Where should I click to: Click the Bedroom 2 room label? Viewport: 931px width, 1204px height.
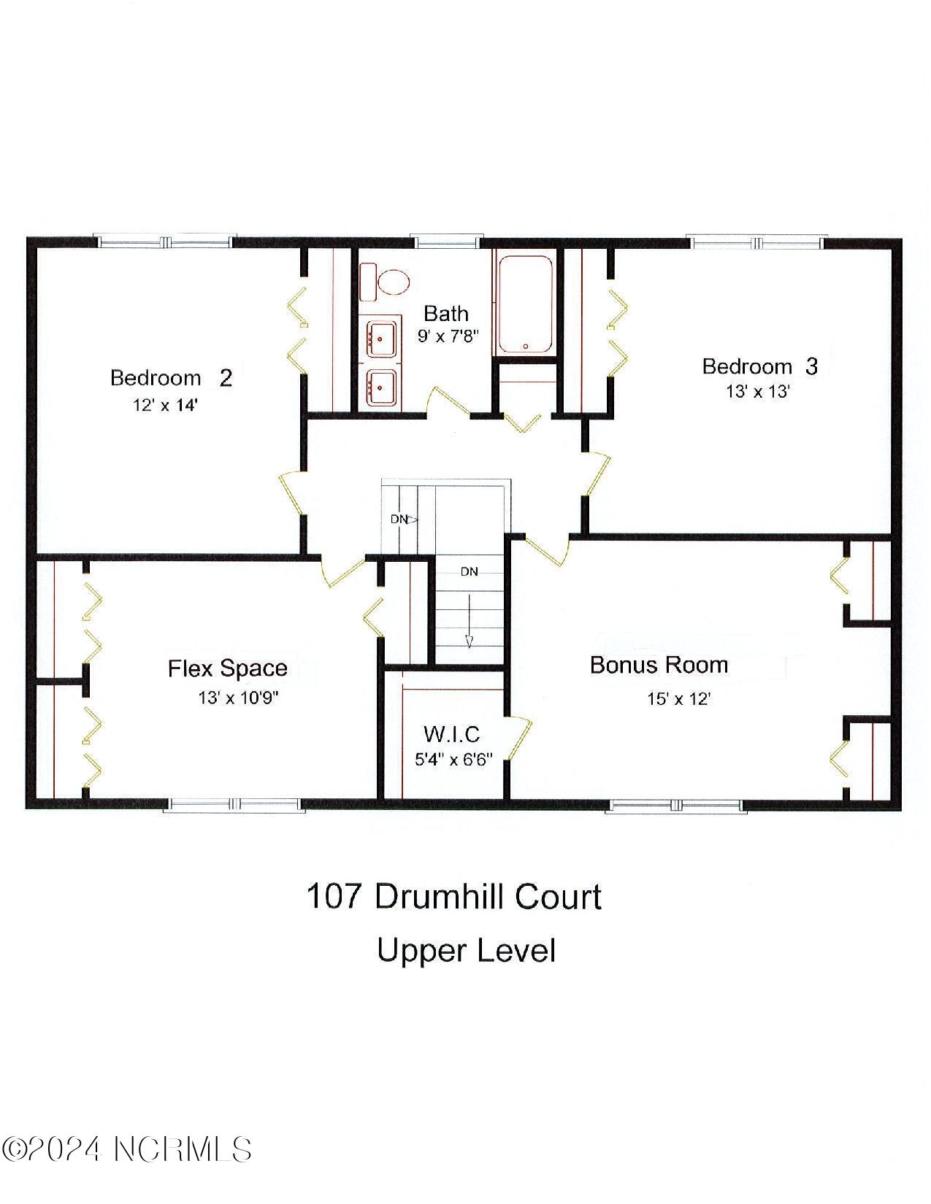171,378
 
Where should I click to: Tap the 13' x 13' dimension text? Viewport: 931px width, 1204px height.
758,391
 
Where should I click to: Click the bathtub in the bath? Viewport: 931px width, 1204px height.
526,303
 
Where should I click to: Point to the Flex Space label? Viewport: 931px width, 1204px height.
228,668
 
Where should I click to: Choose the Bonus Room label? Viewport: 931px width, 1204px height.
659,665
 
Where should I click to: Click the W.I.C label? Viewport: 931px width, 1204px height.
452,733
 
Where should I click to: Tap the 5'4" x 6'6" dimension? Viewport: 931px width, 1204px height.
453,759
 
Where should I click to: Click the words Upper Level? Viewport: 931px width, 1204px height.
466,951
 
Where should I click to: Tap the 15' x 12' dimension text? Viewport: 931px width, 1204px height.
679,698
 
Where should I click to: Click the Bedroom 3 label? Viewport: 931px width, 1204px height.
759,366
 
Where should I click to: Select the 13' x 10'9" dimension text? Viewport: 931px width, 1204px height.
238,698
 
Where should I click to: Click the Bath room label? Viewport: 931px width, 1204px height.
446,314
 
